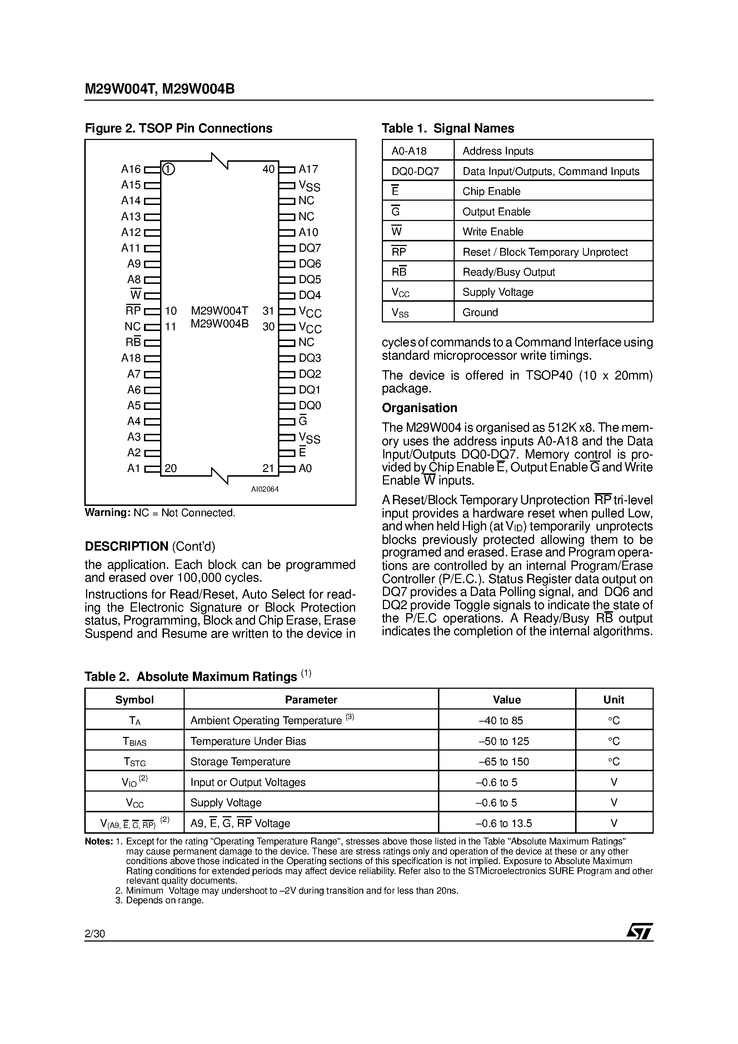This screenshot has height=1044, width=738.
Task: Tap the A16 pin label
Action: tap(131, 169)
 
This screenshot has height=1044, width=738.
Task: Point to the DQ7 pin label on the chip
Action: tap(310, 248)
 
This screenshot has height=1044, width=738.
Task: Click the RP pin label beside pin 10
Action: tap(133, 311)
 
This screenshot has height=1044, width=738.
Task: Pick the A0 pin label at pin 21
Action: tap(305, 468)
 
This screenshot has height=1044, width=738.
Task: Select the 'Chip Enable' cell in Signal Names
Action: tap(492, 191)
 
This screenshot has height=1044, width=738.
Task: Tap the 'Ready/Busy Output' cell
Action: tap(509, 272)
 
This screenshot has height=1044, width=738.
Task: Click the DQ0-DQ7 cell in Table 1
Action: tap(415, 171)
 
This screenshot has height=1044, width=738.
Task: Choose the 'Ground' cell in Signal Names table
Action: tap(480, 312)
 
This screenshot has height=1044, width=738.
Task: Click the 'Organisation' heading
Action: tap(419, 408)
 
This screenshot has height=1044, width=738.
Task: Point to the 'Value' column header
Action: tap(507, 700)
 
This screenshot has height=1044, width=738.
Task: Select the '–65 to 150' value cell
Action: tap(507, 762)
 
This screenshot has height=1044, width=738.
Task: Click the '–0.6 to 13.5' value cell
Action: tap(507, 823)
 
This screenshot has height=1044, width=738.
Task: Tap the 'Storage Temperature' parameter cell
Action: tap(240, 762)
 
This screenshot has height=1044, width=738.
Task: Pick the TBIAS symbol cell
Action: tap(134, 742)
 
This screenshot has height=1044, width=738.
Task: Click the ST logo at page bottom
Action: tap(639, 931)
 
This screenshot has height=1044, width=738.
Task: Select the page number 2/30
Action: tap(95, 934)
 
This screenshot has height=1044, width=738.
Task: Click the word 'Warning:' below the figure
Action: tap(108, 513)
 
